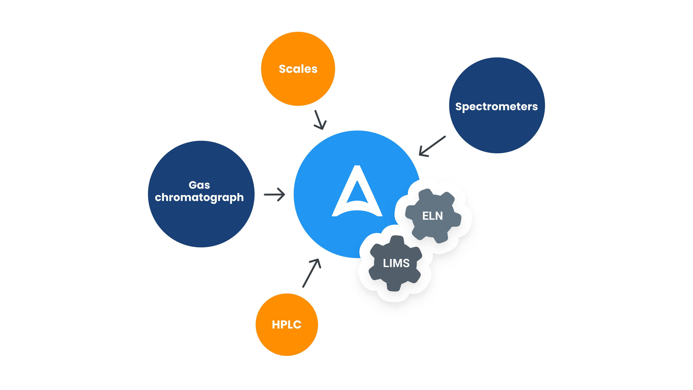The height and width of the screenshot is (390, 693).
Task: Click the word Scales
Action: [298, 69]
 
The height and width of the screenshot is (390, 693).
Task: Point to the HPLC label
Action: [287, 325]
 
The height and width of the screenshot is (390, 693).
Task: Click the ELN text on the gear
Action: [432, 216]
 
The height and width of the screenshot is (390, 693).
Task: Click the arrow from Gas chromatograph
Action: [274, 194]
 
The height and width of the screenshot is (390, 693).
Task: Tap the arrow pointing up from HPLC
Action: [311, 273]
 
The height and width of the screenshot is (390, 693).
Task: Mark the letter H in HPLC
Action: [276, 325]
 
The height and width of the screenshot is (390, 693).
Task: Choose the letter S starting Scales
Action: [282, 69]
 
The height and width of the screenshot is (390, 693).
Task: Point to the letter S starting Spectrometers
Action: [458, 107]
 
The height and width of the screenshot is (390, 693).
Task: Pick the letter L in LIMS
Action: [386, 263]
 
